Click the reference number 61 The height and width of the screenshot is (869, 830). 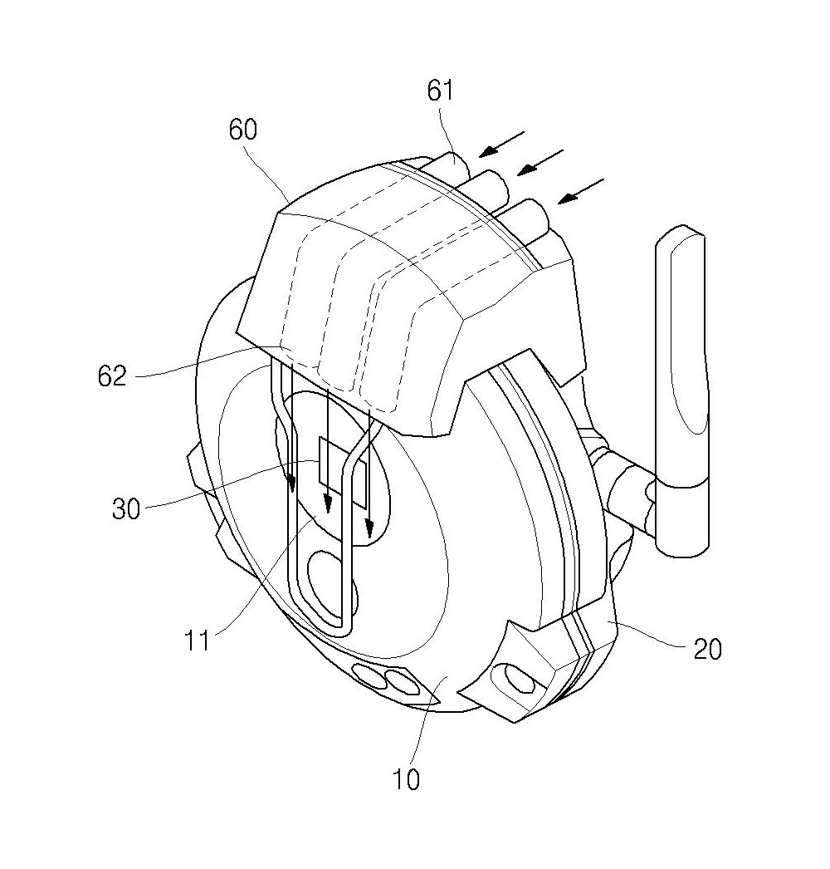pos(440,91)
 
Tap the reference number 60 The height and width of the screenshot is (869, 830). pos(243,130)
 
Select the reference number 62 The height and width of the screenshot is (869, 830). pos(112,376)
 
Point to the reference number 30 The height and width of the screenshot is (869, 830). pos(126,508)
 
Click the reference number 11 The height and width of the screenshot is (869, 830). pos(197,641)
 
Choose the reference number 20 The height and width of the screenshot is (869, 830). pos(707,649)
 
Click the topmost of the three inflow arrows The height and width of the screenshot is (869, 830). pos(501,144)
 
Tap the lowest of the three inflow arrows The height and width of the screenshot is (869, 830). pos(581,191)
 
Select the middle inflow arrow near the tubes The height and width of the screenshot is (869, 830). pos(539,162)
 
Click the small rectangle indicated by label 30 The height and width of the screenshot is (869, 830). pos(342,472)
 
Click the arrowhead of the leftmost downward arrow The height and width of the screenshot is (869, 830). pos(290,484)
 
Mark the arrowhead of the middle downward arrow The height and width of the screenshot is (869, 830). pos(328,503)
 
